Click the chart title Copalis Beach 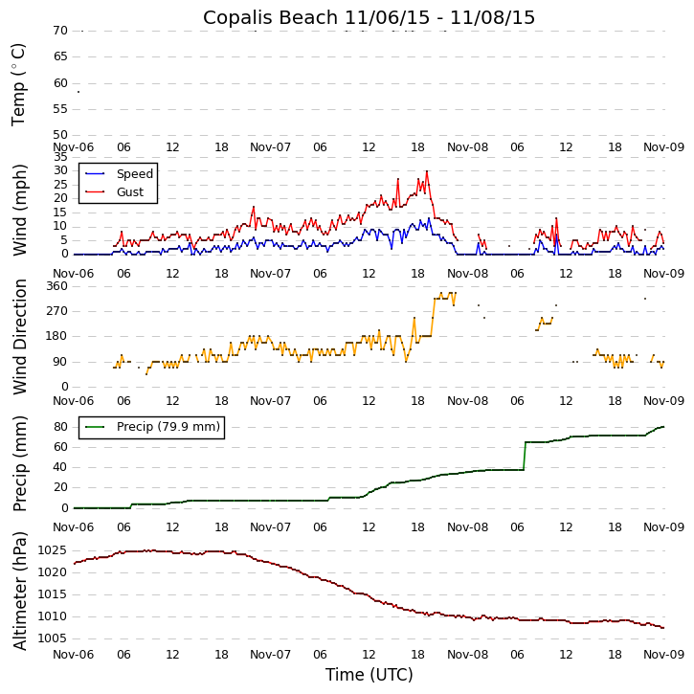coord(369,17)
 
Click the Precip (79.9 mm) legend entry coord(168,427)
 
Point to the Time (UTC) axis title coord(369,675)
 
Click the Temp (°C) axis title coord(19,84)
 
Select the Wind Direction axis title coord(19,337)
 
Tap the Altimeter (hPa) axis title coord(19,591)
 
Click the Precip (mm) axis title coord(19,463)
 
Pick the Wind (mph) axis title coord(19,209)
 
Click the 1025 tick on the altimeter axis coord(54,550)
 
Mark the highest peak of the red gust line coord(427,171)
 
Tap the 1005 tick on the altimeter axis coord(54,638)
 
